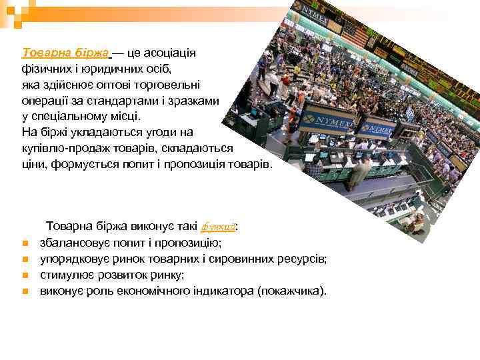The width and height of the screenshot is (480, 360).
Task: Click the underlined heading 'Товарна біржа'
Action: pyautogui.click(x=65, y=53)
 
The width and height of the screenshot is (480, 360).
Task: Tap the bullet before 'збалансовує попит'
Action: pyautogui.click(x=23, y=243)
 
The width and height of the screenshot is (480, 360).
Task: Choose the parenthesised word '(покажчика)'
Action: pyautogui.click(x=291, y=291)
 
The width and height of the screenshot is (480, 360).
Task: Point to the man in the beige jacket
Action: pyautogui.click(x=359, y=172)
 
